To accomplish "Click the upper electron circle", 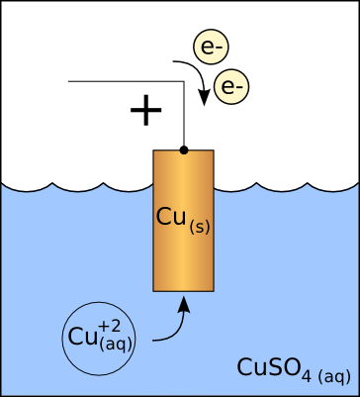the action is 211,47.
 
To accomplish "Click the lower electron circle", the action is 231,86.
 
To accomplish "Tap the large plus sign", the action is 146,110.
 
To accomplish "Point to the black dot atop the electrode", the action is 184,150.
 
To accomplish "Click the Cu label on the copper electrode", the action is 170,217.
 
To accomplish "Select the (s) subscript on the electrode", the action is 200,229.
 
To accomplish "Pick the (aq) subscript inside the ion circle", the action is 117,345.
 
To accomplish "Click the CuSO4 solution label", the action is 294,370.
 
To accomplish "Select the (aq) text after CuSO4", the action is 334,376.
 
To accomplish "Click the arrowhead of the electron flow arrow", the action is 205,97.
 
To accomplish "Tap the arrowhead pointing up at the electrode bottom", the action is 185,304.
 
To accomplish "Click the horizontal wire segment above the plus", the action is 126,81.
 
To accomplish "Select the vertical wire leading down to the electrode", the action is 184,114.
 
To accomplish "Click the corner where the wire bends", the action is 184,81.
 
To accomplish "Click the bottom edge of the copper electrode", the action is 183,291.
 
